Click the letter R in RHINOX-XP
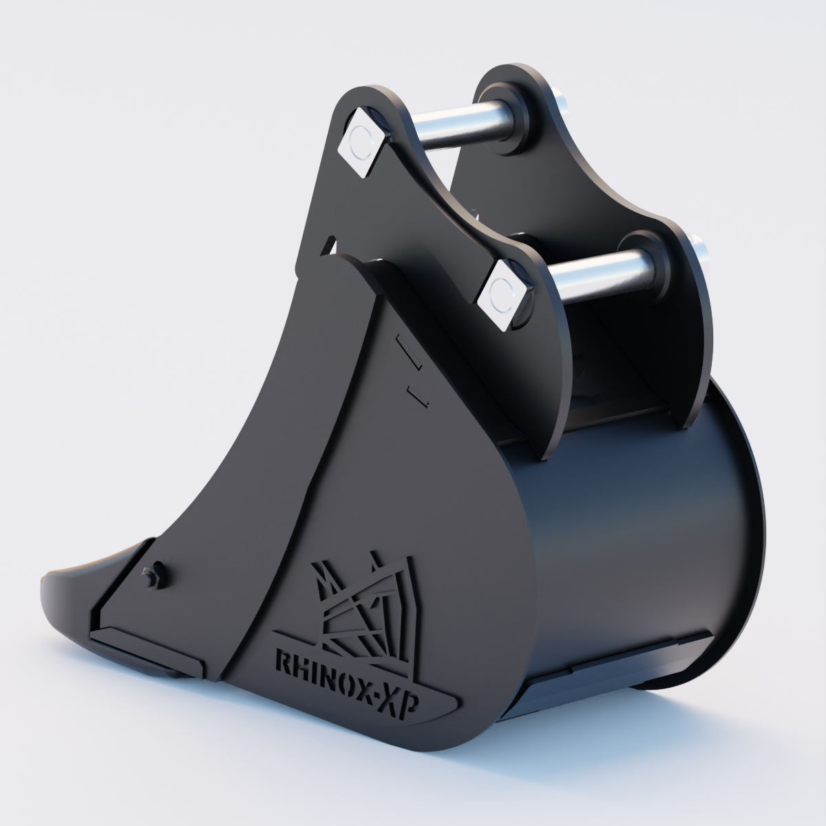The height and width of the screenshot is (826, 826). [282, 662]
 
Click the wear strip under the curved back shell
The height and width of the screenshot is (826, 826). [640, 655]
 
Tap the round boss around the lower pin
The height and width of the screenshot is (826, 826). [644, 265]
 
